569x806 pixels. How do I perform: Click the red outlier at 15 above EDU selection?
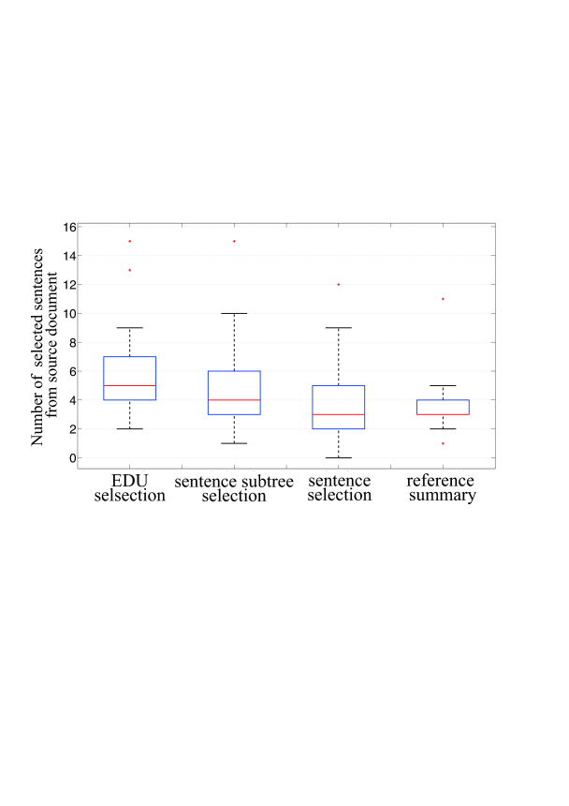click(x=130, y=241)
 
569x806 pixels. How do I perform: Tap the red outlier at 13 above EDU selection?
click(x=130, y=270)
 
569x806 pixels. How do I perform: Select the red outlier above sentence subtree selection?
click(x=234, y=241)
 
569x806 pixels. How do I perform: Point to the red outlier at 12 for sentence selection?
click(x=339, y=284)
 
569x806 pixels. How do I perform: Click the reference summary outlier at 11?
click(x=443, y=299)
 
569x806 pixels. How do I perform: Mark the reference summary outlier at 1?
click(x=443, y=443)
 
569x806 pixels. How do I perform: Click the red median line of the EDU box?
click(x=130, y=385)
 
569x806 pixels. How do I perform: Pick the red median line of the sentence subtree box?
click(x=234, y=400)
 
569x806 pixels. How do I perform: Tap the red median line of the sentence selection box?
click(x=339, y=414)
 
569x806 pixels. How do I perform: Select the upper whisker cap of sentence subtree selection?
click(x=234, y=313)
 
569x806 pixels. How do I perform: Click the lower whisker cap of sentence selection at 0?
click(x=339, y=457)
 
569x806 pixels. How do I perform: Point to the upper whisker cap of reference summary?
click(x=443, y=385)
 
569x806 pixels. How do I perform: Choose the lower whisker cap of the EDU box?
click(x=130, y=428)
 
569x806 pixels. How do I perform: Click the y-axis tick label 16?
click(x=70, y=227)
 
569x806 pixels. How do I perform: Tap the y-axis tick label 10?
click(x=70, y=313)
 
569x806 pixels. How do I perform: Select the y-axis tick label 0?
click(x=73, y=457)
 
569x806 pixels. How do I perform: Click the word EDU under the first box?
click(x=130, y=481)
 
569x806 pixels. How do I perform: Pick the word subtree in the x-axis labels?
click(x=261, y=482)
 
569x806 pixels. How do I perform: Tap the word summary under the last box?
click(x=443, y=496)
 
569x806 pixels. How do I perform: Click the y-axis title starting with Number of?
click(x=44, y=347)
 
